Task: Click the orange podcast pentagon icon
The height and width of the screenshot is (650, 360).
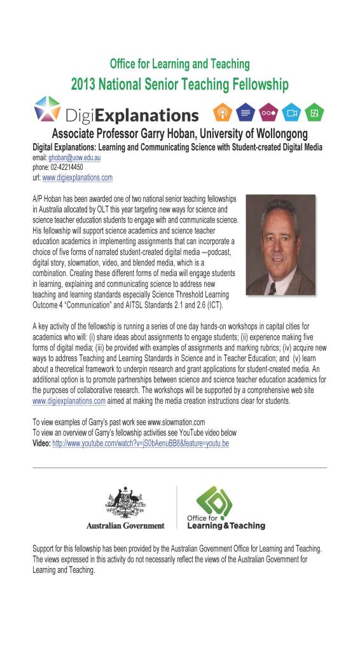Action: pyautogui.click(x=222, y=112)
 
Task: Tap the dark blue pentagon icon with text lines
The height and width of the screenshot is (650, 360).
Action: pyautogui.click(x=245, y=112)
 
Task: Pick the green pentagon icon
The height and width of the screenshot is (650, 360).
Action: pyautogui.click(x=314, y=112)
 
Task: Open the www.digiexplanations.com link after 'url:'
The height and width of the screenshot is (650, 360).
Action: pyautogui.click(x=77, y=177)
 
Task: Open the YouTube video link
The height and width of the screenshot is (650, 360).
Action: pyautogui.click(x=140, y=443)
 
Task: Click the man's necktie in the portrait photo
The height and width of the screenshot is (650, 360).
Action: pyautogui.click(x=273, y=287)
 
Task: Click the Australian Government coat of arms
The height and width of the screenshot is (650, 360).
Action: pyautogui.click(x=125, y=504)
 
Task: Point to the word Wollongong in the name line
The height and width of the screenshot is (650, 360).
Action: pyautogui.click(x=278, y=134)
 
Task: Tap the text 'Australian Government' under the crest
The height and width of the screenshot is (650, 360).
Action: pyautogui.click(x=125, y=526)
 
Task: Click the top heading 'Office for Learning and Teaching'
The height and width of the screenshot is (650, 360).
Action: pyautogui.click(x=180, y=64)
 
